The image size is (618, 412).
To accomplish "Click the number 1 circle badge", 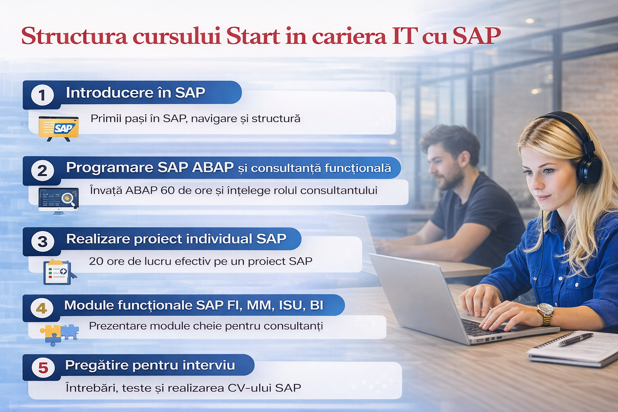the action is click(x=42, y=95).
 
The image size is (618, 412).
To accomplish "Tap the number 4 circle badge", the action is click(x=42, y=309).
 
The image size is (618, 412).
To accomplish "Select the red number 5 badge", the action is click(x=43, y=368).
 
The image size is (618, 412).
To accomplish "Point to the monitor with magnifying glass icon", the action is click(x=58, y=201).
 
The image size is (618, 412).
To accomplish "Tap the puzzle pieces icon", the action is click(x=59, y=334).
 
